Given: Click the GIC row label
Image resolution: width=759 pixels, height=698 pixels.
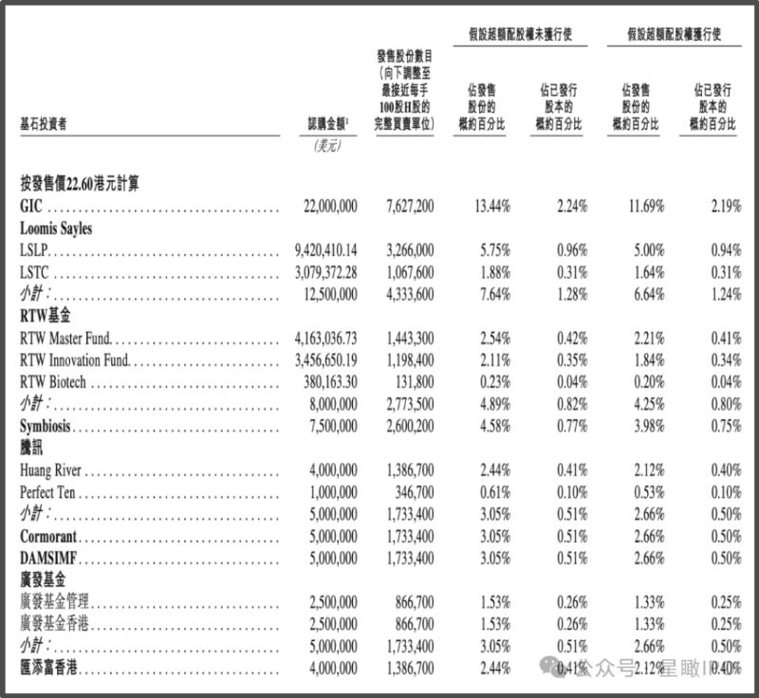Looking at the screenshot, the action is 31,206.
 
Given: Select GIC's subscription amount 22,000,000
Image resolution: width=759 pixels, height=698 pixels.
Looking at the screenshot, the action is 330,206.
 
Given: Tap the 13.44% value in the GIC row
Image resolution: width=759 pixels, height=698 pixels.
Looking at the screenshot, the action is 492,206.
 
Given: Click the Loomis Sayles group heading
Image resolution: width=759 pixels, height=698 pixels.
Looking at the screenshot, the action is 56,228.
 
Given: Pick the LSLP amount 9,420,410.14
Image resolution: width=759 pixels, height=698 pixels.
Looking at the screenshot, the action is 326,250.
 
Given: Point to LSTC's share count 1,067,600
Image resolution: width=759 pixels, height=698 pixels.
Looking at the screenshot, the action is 410,272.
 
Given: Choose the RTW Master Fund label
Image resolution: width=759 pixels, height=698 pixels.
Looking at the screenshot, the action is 65,339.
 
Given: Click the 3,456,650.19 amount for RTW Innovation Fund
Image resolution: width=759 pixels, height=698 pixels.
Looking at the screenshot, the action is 326,360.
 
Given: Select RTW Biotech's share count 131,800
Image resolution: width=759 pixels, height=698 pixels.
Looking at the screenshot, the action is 415,382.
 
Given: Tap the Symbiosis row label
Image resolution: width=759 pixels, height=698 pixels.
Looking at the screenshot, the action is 46,426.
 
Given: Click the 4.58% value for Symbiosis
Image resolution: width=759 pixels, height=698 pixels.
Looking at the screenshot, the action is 495,426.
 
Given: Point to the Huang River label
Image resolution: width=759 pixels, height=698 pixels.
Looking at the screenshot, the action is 51,470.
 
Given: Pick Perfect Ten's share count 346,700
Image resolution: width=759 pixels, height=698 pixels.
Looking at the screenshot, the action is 415,492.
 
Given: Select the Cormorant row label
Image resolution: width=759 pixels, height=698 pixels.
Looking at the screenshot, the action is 48,537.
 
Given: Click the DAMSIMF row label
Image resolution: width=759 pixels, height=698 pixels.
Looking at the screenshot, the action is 48,559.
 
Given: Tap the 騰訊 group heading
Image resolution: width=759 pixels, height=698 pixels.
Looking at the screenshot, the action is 31,448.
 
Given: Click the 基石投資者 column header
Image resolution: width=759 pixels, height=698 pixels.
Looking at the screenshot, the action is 44,124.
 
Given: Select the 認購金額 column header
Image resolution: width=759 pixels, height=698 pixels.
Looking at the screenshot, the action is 328,124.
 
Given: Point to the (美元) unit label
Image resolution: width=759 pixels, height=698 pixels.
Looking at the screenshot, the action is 327,145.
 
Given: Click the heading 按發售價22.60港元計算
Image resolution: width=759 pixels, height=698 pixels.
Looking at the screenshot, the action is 80,184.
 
